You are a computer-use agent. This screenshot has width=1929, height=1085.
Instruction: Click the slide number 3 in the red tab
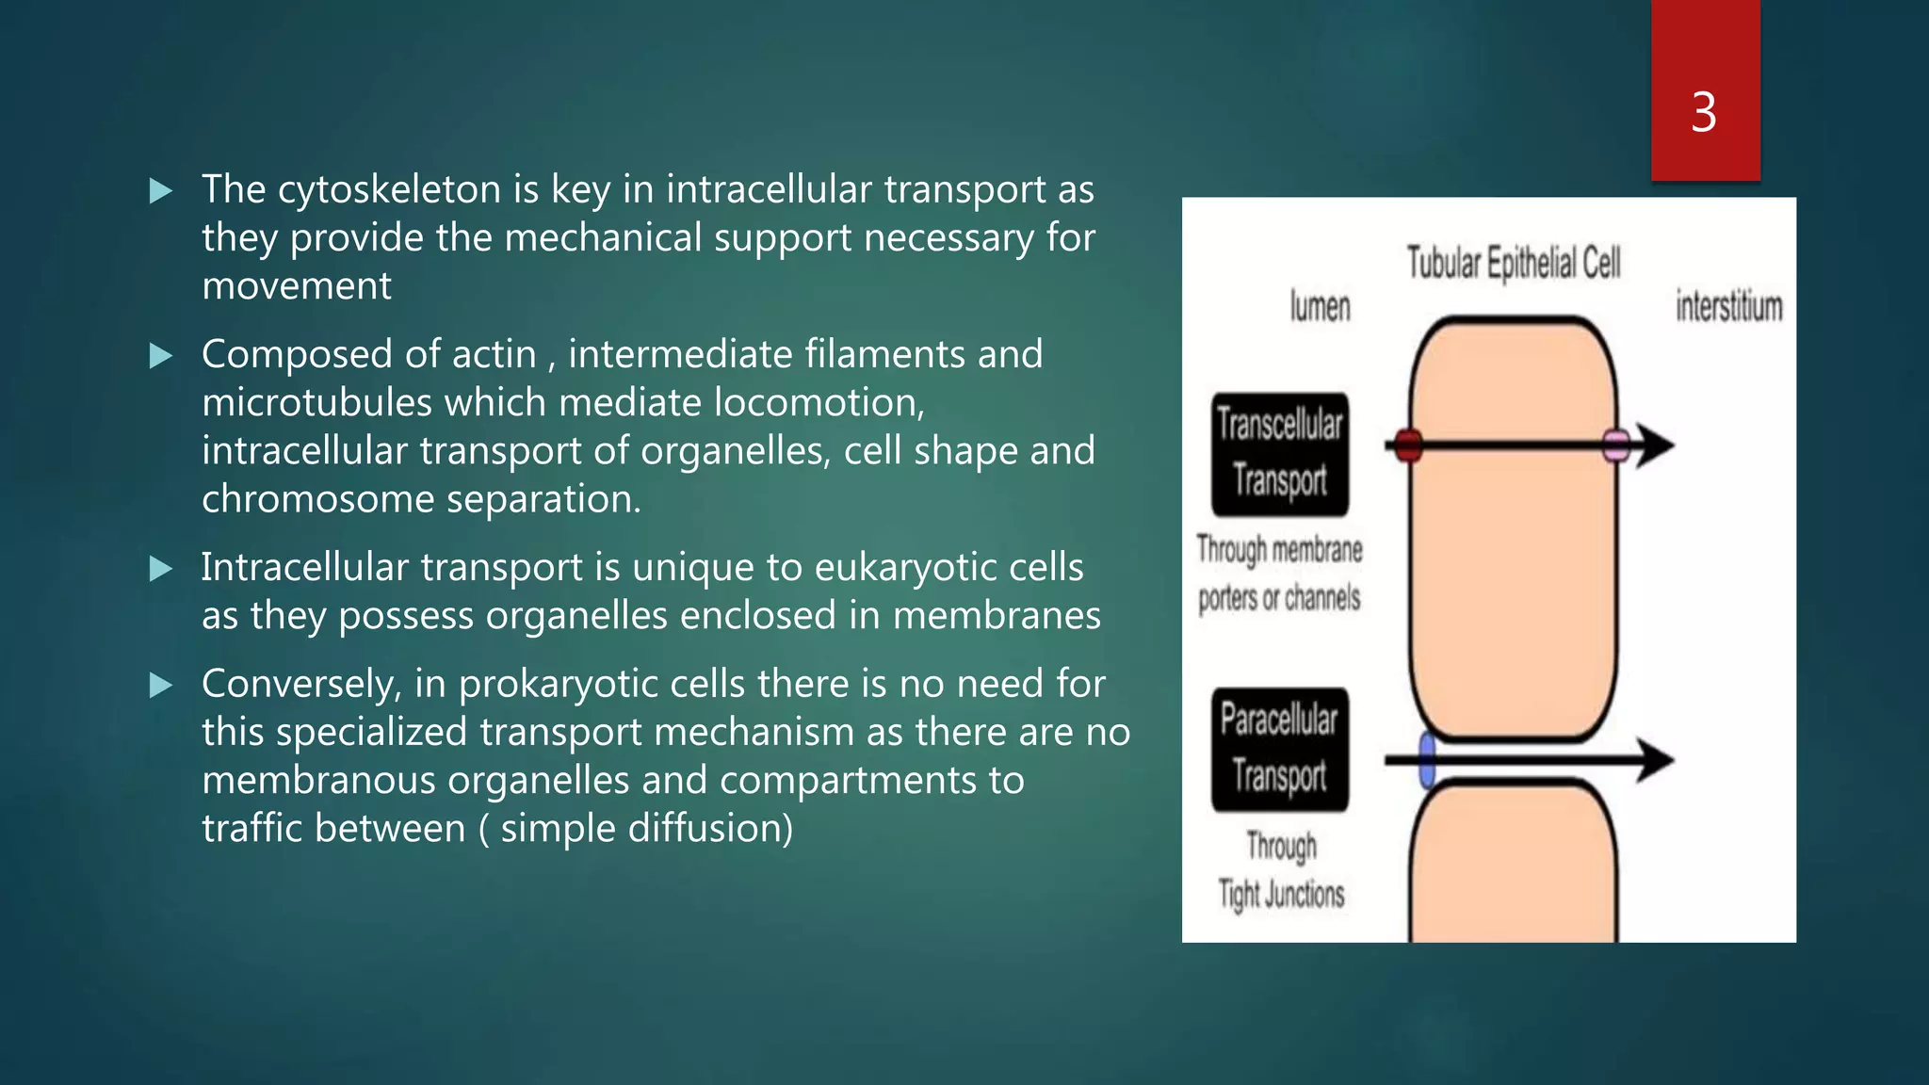pos(1703,113)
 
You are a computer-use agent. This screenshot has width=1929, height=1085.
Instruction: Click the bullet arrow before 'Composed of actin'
pos(161,356)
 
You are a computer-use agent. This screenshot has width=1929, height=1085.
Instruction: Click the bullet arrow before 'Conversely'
pos(161,686)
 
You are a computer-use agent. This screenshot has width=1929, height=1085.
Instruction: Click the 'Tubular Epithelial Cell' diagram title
pos(1513,264)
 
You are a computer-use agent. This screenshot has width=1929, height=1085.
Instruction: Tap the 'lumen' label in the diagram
pos(1320,307)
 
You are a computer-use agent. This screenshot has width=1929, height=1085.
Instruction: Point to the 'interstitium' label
pos(1728,307)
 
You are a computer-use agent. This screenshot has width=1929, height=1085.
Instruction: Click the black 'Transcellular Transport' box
pos(1279,454)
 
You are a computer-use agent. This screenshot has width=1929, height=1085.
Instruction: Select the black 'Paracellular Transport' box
pos(1279,750)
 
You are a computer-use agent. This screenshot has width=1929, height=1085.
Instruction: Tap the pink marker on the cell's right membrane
pos(1616,445)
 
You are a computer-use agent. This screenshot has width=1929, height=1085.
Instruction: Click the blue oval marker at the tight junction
pos(1427,759)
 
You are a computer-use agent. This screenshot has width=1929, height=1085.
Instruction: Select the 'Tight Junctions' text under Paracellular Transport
pos(1281,895)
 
